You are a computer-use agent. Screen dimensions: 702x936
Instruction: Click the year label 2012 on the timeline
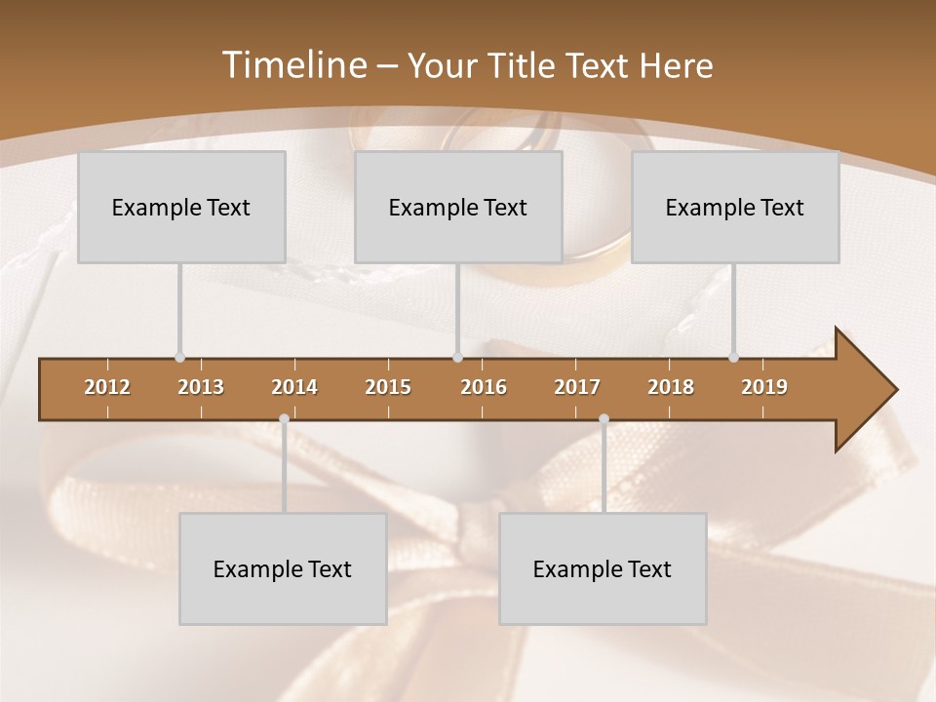point(107,387)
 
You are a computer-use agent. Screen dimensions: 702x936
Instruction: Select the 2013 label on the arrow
point(201,387)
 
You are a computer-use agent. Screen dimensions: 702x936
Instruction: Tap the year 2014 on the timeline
point(294,387)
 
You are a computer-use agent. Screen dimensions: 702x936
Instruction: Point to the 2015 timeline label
point(388,387)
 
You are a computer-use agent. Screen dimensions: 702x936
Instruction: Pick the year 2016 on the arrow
point(484,387)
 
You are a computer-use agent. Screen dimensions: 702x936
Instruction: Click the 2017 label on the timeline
point(577,387)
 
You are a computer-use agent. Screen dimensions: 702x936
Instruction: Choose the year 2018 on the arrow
point(671,387)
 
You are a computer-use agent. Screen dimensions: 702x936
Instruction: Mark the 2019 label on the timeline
point(764,387)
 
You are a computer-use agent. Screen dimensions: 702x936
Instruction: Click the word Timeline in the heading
point(292,65)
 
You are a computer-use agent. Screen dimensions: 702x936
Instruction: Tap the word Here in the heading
point(676,66)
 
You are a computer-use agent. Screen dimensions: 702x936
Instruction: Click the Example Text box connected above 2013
point(181,207)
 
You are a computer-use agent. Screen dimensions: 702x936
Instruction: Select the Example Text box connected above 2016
point(458,207)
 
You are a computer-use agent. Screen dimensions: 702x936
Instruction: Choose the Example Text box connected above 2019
point(735,207)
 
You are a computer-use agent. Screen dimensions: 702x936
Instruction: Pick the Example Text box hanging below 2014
point(283,568)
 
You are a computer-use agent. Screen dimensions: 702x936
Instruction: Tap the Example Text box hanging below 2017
point(603,568)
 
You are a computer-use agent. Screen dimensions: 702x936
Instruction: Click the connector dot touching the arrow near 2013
point(179,358)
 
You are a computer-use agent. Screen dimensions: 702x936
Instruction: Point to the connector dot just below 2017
point(604,419)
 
